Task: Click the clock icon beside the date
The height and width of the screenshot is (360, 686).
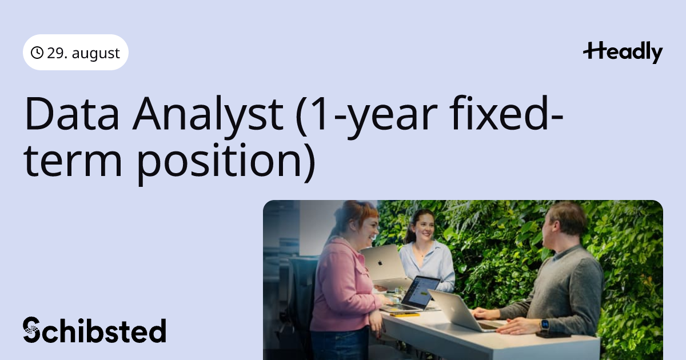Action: (x=37, y=53)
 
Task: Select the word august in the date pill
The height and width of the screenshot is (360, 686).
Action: (x=96, y=54)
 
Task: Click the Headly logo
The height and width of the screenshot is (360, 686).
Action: (x=623, y=53)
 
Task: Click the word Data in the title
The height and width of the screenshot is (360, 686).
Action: (x=71, y=113)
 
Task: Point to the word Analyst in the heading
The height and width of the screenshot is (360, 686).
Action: (x=208, y=117)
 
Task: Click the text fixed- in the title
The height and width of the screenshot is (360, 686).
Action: (x=506, y=113)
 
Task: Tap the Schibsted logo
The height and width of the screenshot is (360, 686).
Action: (x=94, y=330)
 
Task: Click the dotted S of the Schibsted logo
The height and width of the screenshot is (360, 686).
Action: (x=31, y=330)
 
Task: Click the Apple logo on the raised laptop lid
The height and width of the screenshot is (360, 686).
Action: (x=380, y=263)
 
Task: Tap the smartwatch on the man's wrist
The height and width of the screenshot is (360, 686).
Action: (x=545, y=325)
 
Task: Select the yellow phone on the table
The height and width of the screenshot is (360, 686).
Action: (x=405, y=314)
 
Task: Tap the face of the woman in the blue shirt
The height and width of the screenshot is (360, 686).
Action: (x=424, y=227)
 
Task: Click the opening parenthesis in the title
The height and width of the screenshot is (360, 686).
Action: (x=302, y=117)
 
